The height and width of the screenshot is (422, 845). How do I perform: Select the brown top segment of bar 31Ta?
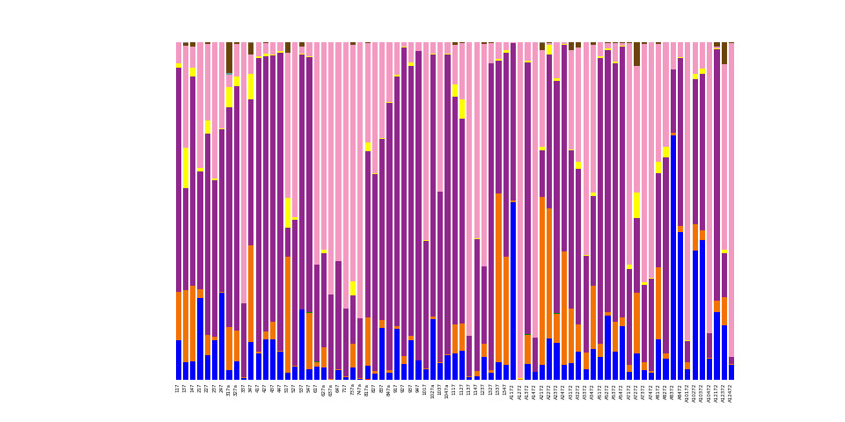[x=229, y=57]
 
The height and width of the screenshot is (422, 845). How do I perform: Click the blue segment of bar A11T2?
[x=512, y=290]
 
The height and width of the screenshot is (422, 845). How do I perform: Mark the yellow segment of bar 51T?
[x=287, y=212]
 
